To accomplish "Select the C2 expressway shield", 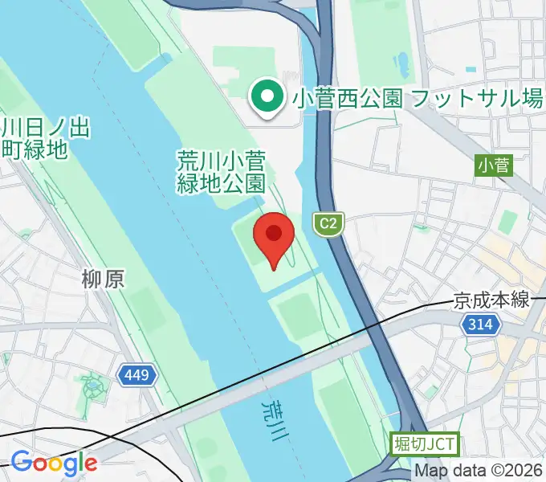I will tap(328, 222).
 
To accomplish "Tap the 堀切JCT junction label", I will tap(425, 443).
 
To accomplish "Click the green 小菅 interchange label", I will tap(493, 165).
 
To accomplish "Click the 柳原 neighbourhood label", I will tap(103, 279).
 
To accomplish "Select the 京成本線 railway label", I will tap(491, 300).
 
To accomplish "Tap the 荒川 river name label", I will tap(273, 416).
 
